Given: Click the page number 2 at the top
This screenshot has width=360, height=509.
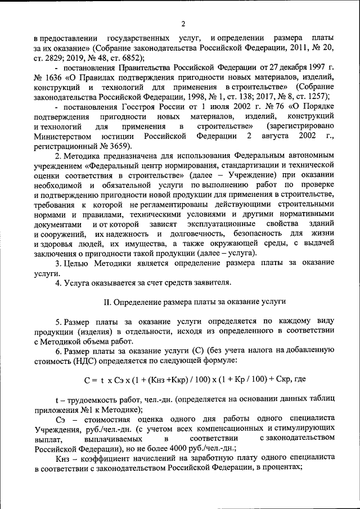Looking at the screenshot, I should point(183,23).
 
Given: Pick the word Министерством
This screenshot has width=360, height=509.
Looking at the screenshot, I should point(62,137).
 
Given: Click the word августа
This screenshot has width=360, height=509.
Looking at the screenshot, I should point(277,137).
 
